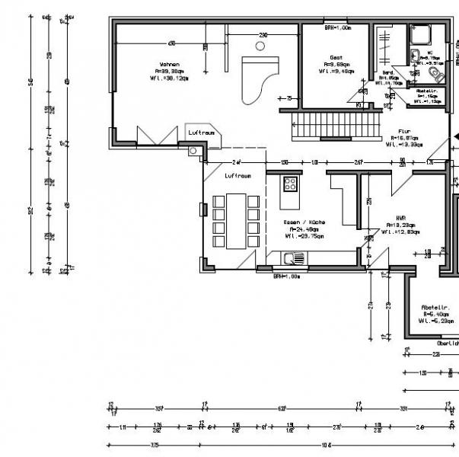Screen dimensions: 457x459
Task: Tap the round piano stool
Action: pyautogui.click(x=260, y=46)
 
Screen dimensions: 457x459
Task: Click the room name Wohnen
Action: pyautogui.click(x=169, y=64)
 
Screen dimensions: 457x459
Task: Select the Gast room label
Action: pyautogui.click(x=335, y=57)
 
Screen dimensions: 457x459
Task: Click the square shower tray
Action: pyautogui.click(x=420, y=35)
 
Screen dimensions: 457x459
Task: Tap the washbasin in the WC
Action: pyautogui.click(x=416, y=55)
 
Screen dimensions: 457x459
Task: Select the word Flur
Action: pyautogui.click(x=404, y=131)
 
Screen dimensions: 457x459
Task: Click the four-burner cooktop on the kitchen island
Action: pyautogui.click(x=290, y=184)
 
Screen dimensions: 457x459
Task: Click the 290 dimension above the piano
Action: pyautogui.click(x=263, y=35)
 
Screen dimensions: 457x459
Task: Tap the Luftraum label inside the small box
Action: pyautogui.click(x=202, y=132)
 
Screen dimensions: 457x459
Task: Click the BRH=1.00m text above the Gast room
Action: pyautogui.click(x=337, y=27)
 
